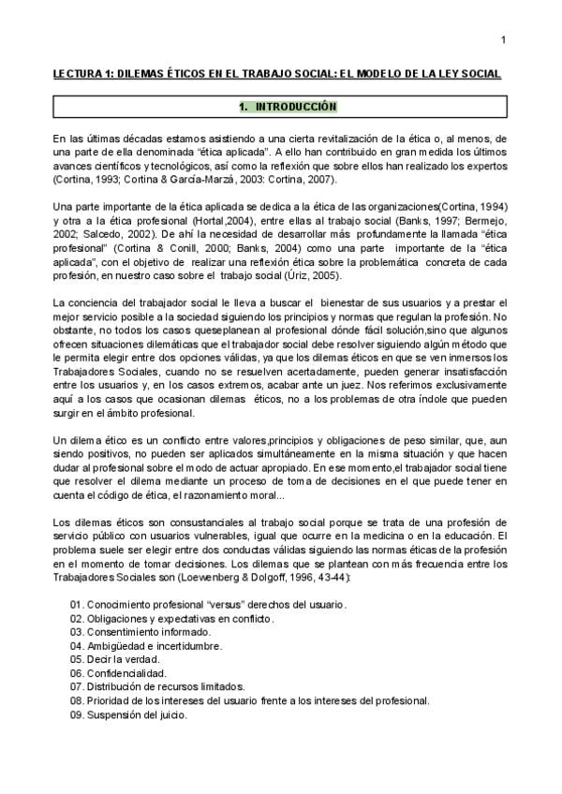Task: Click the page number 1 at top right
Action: [503, 39]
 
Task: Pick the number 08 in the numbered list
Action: [76, 700]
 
